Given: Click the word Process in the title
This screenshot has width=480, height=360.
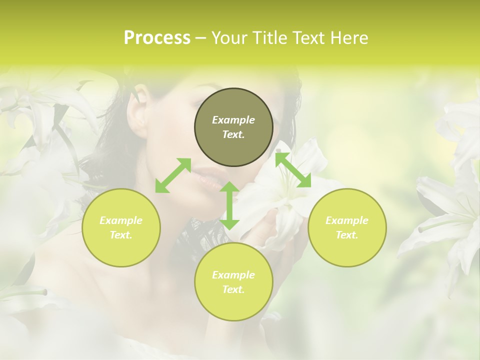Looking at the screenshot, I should [157, 38].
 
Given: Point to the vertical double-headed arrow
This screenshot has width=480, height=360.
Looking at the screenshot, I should [229, 205].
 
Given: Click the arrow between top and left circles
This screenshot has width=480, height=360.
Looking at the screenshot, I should [173, 175].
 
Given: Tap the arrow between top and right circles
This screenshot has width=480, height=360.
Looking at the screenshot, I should [293, 170].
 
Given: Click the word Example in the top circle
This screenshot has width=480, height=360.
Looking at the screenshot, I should [233, 120].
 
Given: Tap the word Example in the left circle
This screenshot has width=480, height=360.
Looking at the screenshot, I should [121, 220].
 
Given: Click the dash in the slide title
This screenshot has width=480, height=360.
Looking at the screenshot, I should [201, 38].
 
